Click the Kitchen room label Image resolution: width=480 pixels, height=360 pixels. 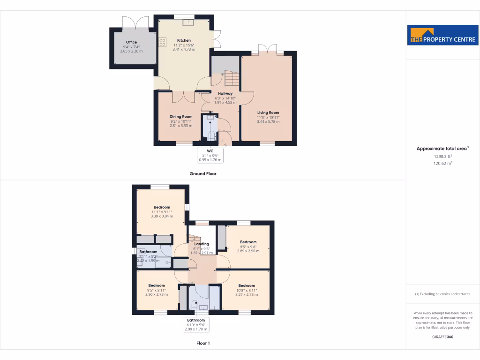pyautogui.click(x=184, y=40)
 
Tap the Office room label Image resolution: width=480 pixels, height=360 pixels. pyautogui.click(x=131, y=42)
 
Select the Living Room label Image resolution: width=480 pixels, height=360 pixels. pyautogui.click(x=268, y=112)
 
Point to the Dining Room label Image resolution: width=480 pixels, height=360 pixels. pyautogui.click(x=181, y=117)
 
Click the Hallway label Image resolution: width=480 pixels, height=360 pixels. pyautogui.click(x=225, y=93)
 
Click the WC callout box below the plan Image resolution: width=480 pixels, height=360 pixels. pyautogui.click(x=210, y=155)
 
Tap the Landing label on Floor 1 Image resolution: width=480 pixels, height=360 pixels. pyautogui.click(x=202, y=244)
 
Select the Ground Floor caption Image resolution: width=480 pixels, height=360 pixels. pyautogui.click(x=202, y=174)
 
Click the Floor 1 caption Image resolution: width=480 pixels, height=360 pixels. pyautogui.click(x=203, y=343)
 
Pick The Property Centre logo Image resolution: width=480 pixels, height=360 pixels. pyautogui.click(x=442, y=35)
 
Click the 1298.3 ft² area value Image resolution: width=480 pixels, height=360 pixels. pyautogui.click(x=442, y=157)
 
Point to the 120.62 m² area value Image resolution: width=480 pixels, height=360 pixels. pyautogui.click(x=442, y=164)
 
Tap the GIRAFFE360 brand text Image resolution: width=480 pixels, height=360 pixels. pyautogui.click(x=442, y=337)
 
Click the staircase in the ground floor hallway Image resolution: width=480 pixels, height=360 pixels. pyautogui.click(x=231, y=79)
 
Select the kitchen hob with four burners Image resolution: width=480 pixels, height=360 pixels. pyautogui.click(x=163, y=43)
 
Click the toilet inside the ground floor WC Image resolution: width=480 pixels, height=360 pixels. pyautogui.click(x=211, y=136)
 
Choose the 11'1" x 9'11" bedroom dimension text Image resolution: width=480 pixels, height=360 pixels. pyautogui.click(x=162, y=212)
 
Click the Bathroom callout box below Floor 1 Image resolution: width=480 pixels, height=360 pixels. pyautogui.click(x=196, y=325)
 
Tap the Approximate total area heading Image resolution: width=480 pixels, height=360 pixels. pyautogui.click(x=442, y=149)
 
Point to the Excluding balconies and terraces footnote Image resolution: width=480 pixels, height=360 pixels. pyautogui.click(x=442, y=294)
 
